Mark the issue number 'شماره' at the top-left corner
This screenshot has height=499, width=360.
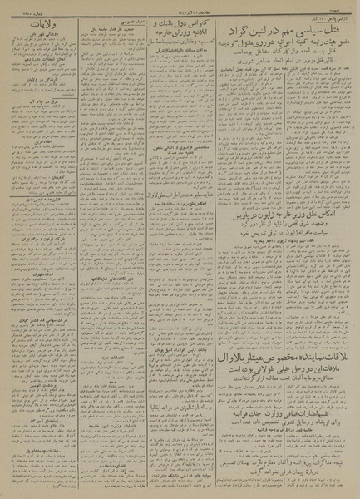click(17, 7)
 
